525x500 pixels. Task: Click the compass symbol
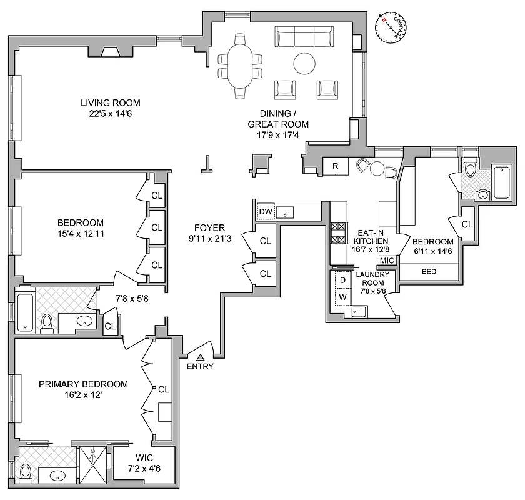point(390,27)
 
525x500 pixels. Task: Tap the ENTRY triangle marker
point(200,357)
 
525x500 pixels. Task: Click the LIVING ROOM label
point(110,103)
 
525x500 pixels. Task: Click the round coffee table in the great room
point(305,62)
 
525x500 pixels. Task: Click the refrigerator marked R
point(336,166)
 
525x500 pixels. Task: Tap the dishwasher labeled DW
point(266,212)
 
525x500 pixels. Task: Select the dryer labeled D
point(342,280)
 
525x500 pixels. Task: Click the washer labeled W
point(342,296)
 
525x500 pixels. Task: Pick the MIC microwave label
point(387,261)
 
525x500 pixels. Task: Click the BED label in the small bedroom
point(429,272)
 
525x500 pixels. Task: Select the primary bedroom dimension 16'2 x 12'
point(83,395)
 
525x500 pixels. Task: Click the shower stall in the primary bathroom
point(94,464)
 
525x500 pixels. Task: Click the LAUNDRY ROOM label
point(373,279)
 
